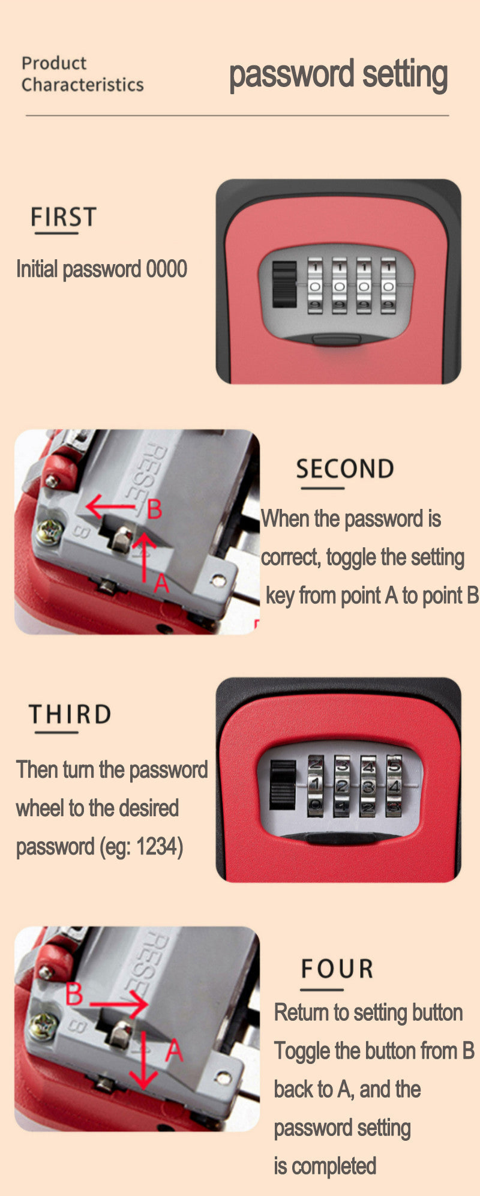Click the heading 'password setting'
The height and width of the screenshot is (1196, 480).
(x=338, y=75)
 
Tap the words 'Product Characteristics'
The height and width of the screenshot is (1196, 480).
(x=82, y=74)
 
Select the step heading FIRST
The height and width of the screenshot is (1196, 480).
(x=63, y=217)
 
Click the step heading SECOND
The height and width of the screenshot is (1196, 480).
(x=345, y=469)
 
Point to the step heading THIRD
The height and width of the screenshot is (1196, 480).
(x=70, y=714)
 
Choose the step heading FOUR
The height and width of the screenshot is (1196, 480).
(x=337, y=969)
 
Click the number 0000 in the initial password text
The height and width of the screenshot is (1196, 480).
(x=167, y=269)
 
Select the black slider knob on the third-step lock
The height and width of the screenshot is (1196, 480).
(x=283, y=785)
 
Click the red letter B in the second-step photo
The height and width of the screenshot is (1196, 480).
(x=154, y=509)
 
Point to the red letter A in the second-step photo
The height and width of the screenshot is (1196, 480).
(x=161, y=583)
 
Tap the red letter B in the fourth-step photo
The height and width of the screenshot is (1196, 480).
(x=74, y=994)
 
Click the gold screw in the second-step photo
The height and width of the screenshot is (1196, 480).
(x=49, y=532)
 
